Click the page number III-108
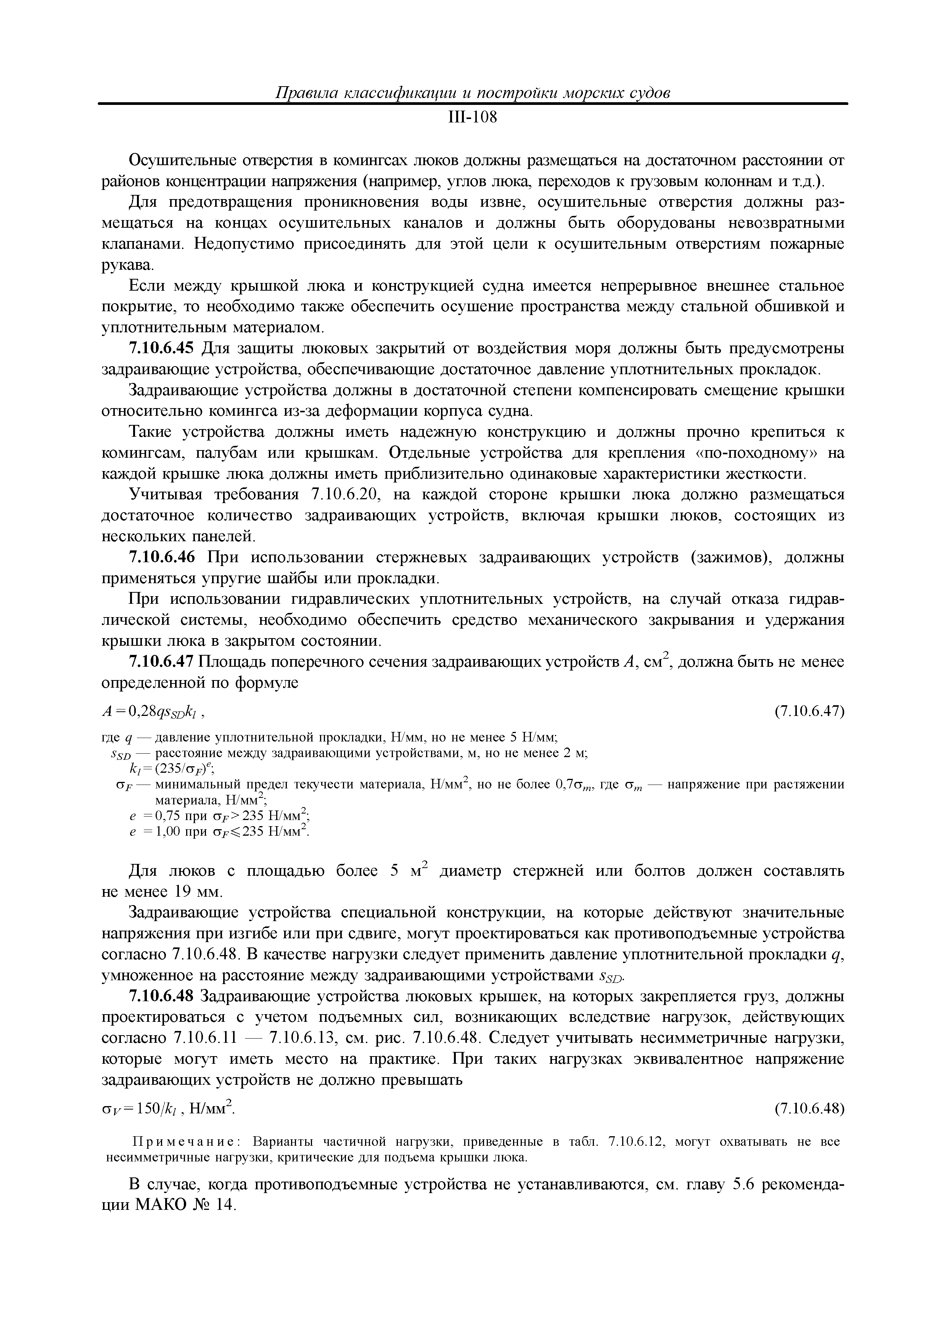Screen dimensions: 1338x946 pyautogui.click(x=472, y=118)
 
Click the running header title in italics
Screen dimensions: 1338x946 pyautogui.click(x=472, y=93)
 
